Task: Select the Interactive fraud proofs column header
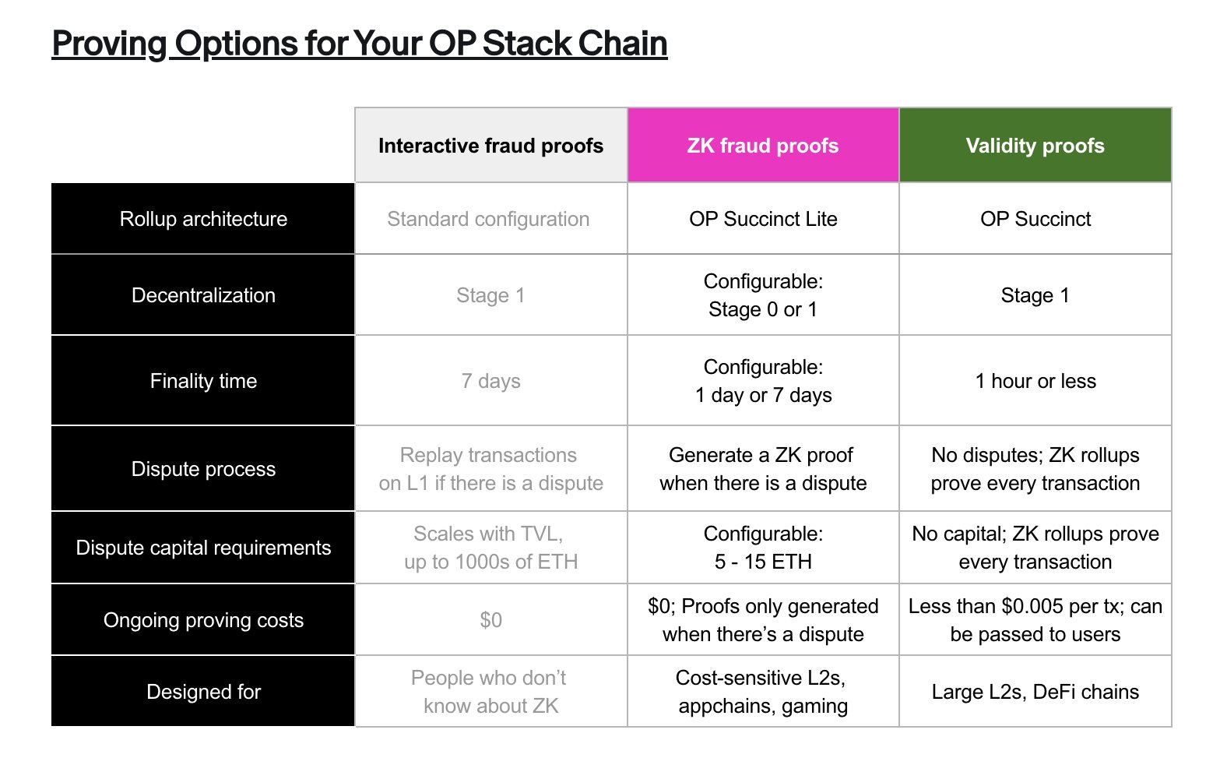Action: tap(490, 145)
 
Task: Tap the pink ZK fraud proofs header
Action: tap(763, 145)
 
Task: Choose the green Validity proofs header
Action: tap(1035, 145)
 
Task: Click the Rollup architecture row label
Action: tap(203, 219)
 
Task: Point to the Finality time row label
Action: tap(203, 380)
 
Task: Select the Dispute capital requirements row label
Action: tap(203, 548)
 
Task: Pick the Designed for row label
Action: tap(203, 692)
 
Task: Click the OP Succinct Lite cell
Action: tap(763, 219)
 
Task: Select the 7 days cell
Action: tap(490, 380)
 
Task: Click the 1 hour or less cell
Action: tap(1035, 380)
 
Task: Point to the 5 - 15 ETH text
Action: tap(763, 562)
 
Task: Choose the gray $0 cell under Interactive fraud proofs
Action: tap(490, 620)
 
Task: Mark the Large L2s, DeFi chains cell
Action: tap(1035, 692)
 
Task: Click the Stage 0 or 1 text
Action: tap(763, 309)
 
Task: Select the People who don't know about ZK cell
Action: tap(490, 692)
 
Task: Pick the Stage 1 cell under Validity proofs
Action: tap(1035, 295)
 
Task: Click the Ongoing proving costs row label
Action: tap(203, 620)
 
